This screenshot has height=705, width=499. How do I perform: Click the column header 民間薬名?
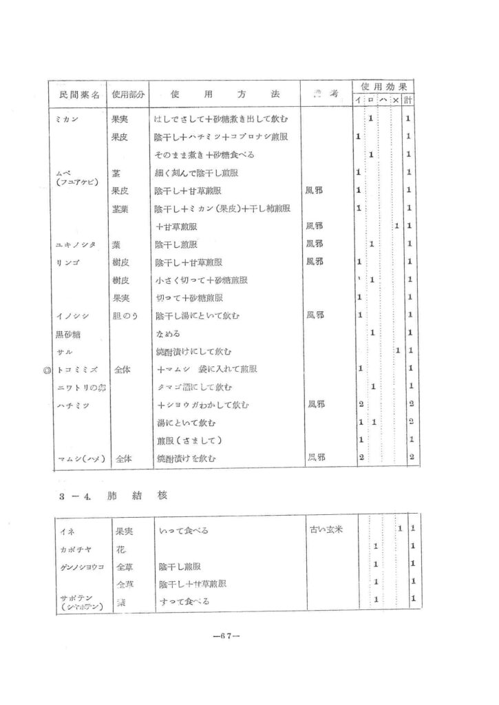(76, 93)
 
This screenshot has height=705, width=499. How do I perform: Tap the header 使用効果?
(381, 87)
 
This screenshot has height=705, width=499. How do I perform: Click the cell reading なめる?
(168, 333)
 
